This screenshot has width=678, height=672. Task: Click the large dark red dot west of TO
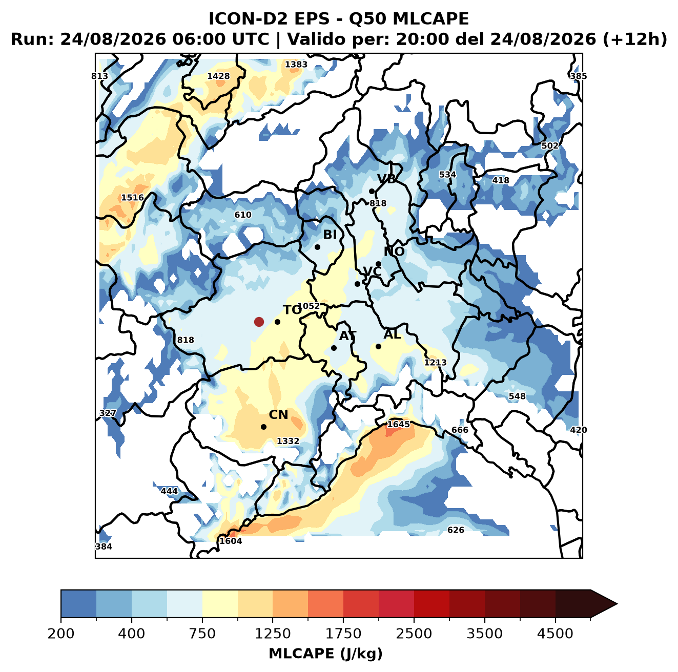259,322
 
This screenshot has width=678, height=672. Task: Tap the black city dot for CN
263,427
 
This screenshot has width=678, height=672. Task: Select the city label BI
330,235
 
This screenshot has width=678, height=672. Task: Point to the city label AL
392,334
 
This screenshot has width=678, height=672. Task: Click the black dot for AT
334,348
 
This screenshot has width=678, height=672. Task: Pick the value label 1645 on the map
398,425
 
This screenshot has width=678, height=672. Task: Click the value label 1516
132,198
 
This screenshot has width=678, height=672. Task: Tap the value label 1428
218,76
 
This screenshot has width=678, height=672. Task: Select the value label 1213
435,363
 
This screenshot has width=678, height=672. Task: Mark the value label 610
243,215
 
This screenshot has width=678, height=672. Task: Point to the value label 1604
231,541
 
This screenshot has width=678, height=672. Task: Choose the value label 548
517,396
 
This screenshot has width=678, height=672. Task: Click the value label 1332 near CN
288,441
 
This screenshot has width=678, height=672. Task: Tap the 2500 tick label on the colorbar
414,634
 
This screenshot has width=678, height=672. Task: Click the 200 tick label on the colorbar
61,634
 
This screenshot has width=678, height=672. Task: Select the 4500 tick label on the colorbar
555,634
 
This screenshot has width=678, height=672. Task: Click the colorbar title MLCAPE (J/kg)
325,654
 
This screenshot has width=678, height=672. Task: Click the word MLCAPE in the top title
430,18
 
